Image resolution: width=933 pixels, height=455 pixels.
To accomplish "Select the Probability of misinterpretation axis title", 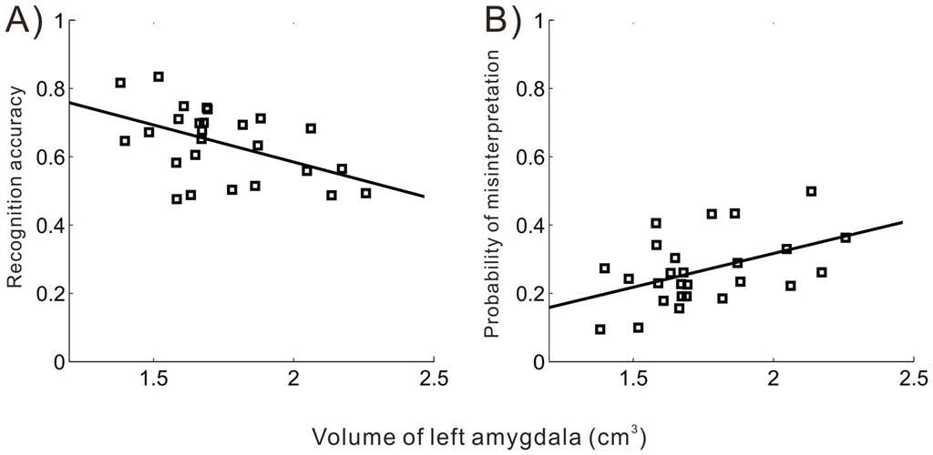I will point(493,193).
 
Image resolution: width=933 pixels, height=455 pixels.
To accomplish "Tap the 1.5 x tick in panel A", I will point(153,378).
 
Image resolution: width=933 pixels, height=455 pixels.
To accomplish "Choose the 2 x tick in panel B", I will point(774,378).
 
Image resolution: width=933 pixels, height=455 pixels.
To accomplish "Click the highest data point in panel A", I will point(159,76).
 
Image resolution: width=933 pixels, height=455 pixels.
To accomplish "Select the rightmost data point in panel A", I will point(366,193).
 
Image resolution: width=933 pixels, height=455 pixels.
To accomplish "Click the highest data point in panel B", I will point(811,191).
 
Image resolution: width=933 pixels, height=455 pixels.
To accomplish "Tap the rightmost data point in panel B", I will point(846,238).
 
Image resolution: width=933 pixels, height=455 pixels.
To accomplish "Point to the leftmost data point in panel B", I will point(600,329).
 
